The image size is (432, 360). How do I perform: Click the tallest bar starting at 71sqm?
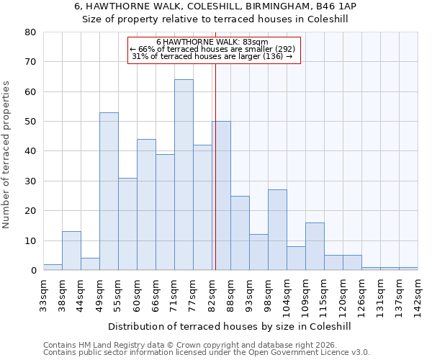[x=184, y=175]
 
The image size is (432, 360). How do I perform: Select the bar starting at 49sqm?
[x=109, y=191]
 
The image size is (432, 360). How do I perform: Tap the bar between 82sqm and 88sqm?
[x=221, y=196]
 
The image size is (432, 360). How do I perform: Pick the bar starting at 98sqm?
[x=277, y=230]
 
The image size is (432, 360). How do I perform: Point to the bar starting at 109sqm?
[x=315, y=246]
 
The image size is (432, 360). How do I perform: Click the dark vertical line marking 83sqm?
[x=215, y=166]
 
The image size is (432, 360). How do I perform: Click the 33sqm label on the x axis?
[x=43, y=292]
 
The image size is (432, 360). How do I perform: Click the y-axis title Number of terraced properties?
[x=7, y=154]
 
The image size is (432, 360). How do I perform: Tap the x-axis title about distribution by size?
[x=230, y=326]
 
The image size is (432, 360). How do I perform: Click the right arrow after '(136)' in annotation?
[x=289, y=56]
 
